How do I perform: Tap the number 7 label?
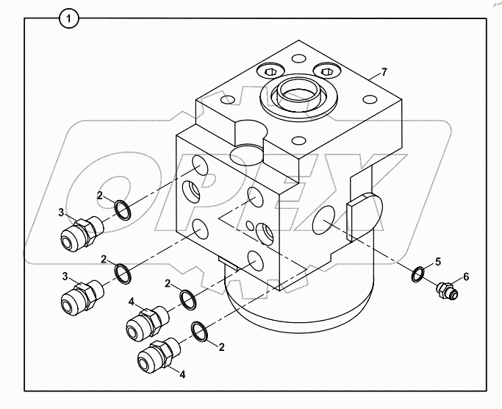[383, 73]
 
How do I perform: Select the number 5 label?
[438, 261]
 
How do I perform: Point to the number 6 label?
[465, 277]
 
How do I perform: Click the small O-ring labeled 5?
[417, 274]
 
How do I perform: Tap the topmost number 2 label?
[100, 196]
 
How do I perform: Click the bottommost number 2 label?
[221, 346]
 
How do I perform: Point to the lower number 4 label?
[183, 374]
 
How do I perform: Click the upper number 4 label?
[132, 301]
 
